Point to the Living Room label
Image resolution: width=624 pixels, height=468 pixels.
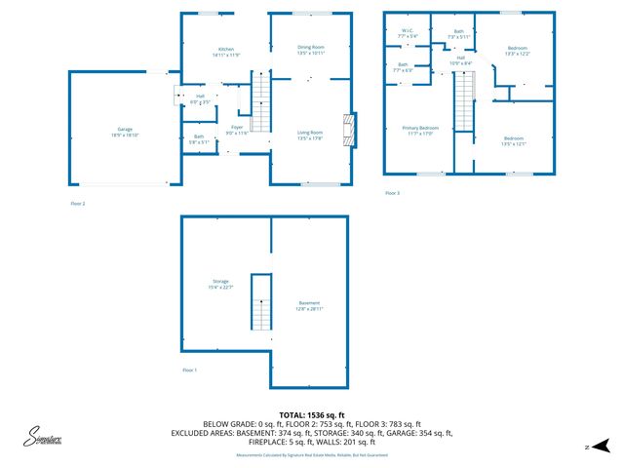pyautogui.click(x=311, y=135)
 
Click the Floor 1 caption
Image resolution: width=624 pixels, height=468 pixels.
pyautogui.click(x=189, y=370)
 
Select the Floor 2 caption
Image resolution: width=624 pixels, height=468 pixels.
pyautogui.click(x=78, y=204)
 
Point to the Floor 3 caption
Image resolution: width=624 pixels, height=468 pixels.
pyautogui.click(x=392, y=193)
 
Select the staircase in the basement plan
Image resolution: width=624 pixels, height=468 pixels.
pyautogui.click(x=260, y=302)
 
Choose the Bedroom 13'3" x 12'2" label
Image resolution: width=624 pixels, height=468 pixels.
pyautogui.click(x=518, y=51)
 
